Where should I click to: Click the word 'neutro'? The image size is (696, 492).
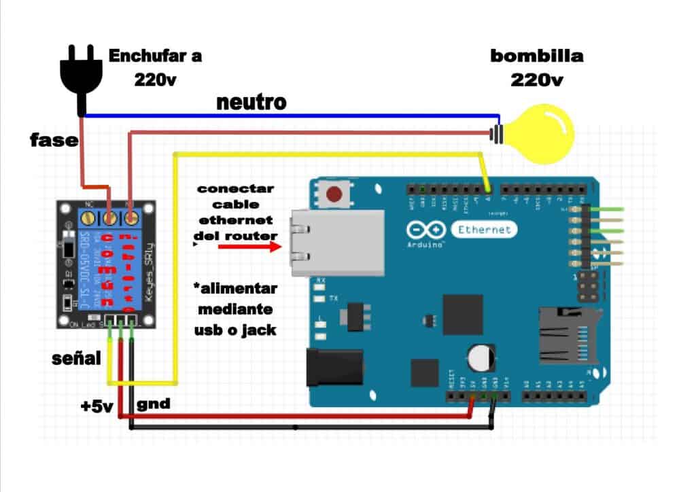click(x=251, y=103)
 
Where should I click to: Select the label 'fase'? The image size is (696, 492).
click(x=53, y=140)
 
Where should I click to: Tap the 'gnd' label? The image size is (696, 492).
click(x=154, y=404)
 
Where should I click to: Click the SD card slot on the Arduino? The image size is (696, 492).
click(x=564, y=334)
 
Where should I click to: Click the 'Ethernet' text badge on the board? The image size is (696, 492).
click(x=483, y=230)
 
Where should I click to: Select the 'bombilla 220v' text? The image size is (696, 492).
click(x=536, y=67)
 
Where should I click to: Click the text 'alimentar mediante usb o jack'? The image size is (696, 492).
click(x=235, y=309)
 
